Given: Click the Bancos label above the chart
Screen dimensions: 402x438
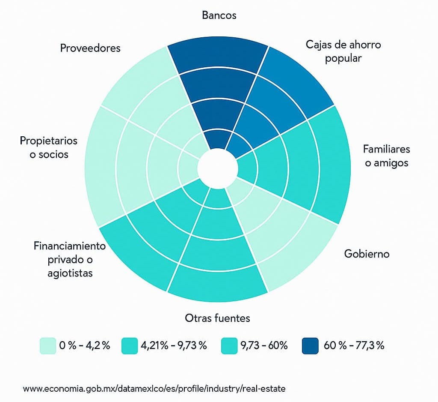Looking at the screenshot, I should coord(219,15).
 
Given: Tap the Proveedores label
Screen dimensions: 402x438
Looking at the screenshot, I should coord(90,48).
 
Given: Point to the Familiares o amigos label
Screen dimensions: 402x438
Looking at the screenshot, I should coord(386,156).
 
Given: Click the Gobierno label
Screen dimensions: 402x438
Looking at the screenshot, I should coord(367,254).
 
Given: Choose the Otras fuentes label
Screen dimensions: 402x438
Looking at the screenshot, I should coord(217,318).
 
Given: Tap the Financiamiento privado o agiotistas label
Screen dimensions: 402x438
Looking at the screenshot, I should coord(70,259).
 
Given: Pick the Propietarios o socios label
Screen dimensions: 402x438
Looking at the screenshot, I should coord(49,147).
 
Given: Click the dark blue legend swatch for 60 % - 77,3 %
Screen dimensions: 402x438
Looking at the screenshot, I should coord(310,346).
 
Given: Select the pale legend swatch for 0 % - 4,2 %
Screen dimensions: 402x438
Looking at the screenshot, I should coord(48,346).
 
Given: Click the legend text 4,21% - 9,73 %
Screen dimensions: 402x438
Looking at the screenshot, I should coord(174,345).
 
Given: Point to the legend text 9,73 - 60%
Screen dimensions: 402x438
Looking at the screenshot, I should coord(266,345).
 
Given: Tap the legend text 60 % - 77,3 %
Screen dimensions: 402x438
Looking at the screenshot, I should coord(354,345).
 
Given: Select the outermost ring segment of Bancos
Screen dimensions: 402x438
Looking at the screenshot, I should coord(217,57).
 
